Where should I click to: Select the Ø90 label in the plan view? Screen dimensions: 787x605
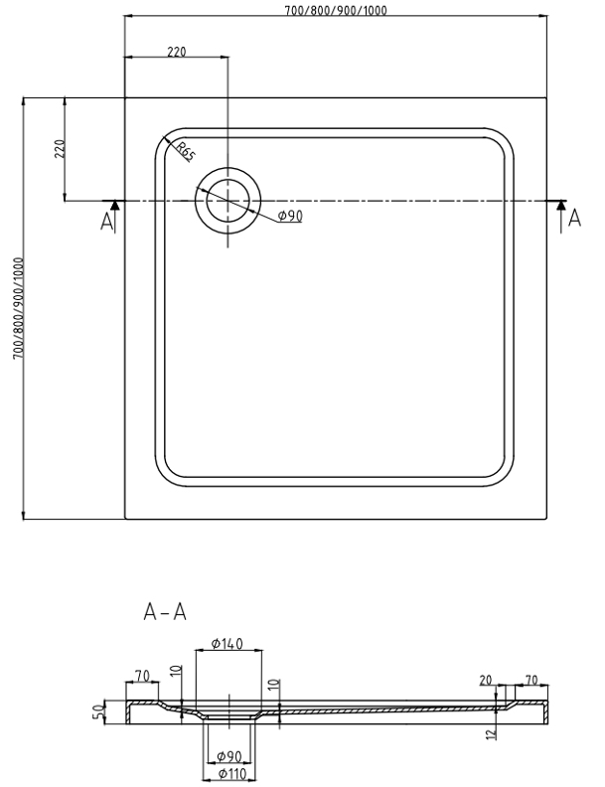[289, 216]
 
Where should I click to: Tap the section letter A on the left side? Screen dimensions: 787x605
[107, 222]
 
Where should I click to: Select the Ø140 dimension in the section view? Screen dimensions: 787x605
[227, 644]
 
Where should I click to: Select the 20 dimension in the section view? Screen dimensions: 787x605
[486, 680]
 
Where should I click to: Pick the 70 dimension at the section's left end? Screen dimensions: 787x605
[142, 676]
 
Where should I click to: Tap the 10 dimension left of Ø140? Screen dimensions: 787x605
[176, 673]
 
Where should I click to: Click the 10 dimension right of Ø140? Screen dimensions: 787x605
[274, 685]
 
